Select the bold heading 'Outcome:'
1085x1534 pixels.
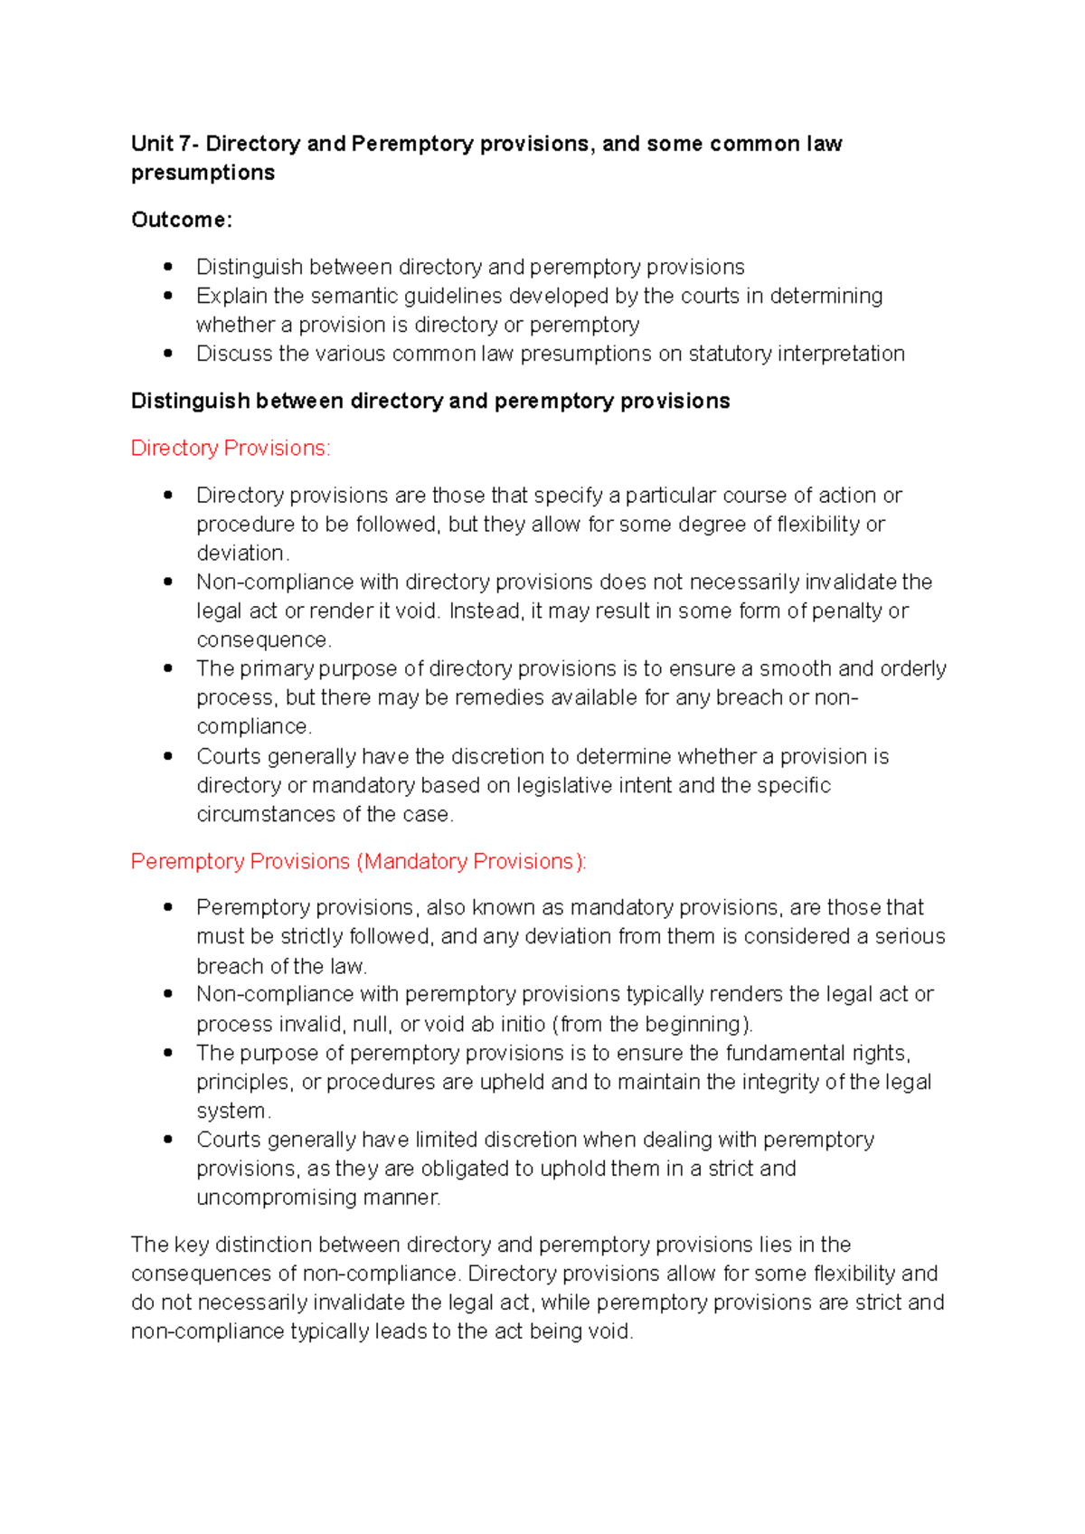(x=182, y=220)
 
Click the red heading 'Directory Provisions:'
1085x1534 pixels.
(x=231, y=448)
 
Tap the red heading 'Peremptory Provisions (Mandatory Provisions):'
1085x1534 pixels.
(x=358, y=861)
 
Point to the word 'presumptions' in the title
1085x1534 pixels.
(x=203, y=173)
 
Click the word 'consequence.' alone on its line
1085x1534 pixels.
(x=264, y=639)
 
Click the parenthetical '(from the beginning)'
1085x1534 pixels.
(x=653, y=1024)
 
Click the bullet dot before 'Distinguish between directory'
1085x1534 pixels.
(x=168, y=267)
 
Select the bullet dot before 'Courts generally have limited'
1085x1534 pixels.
(x=168, y=1140)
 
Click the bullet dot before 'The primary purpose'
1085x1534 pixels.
(x=168, y=668)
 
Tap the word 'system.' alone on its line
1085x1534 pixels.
(x=233, y=1111)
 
